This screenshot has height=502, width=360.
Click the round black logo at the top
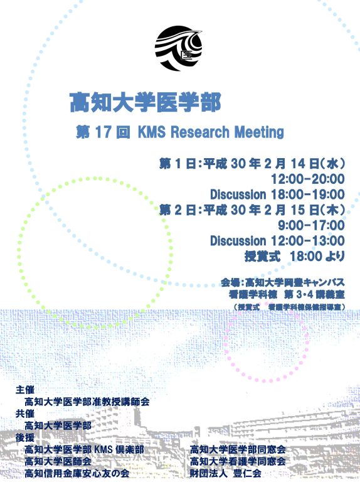(x=179, y=45)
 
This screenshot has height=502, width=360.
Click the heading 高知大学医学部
(x=145, y=101)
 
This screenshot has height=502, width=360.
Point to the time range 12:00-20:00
(x=307, y=179)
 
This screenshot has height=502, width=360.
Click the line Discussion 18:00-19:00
(x=277, y=194)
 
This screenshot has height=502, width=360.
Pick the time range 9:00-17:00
(x=311, y=225)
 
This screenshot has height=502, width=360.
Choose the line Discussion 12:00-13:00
(x=277, y=240)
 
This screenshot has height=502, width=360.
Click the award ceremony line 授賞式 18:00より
(x=294, y=255)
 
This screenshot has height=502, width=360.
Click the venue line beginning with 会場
(x=282, y=281)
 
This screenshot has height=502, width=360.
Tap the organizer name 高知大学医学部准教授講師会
(x=87, y=402)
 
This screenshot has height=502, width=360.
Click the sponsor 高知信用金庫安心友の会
(x=77, y=473)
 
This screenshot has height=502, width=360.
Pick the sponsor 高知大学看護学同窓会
(x=238, y=461)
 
